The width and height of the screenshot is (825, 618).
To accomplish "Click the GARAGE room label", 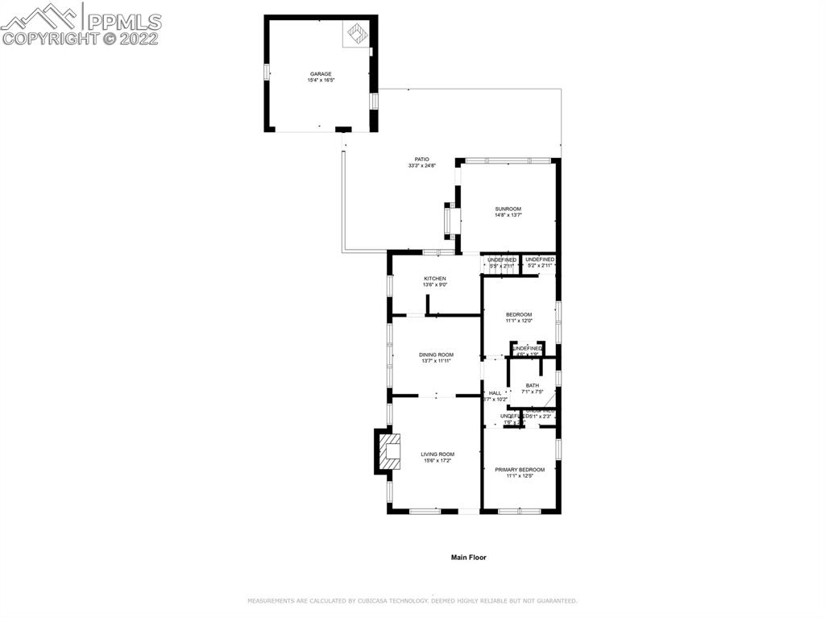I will click(x=321, y=73).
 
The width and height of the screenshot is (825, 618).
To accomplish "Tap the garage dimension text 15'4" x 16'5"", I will click(x=321, y=81).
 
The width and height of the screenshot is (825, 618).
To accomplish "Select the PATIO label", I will click(x=421, y=159).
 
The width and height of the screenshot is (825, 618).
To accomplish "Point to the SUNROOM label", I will click(x=508, y=209).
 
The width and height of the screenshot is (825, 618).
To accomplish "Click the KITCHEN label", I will click(x=435, y=278).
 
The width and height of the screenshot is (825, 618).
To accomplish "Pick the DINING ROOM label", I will click(x=436, y=355).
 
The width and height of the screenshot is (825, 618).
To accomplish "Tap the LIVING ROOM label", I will click(x=437, y=454).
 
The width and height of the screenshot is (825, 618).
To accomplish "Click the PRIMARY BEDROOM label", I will click(x=520, y=469).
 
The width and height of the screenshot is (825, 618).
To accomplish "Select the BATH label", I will click(x=533, y=385).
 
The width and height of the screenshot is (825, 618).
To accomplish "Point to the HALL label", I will click(x=495, y=392).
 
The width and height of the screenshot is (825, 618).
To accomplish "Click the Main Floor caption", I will click(x=468, y=557).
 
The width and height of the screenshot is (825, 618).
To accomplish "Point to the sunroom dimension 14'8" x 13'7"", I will click(x=508, y=216).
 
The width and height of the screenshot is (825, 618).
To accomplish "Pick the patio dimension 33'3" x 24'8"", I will click(x=421, y=166).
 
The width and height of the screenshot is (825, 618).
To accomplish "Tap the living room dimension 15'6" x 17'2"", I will click(x=437, y=461).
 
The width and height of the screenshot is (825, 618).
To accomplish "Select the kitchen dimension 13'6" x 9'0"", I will click(x=435, y=285).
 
